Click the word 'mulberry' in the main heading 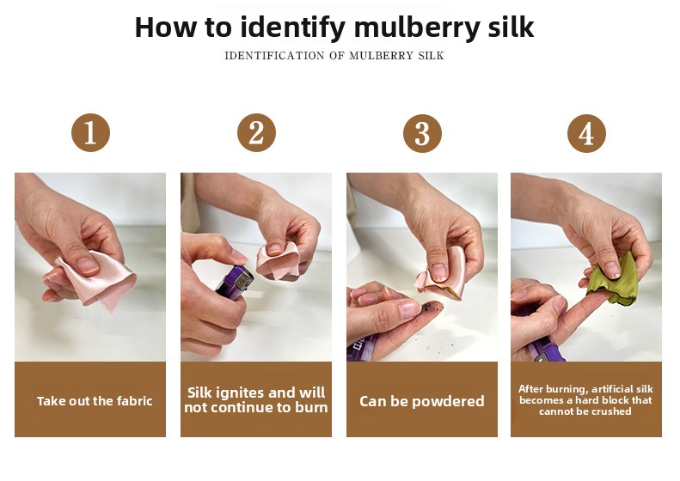click(417, 27)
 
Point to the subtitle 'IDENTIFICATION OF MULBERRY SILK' click(334, 56)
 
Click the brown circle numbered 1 click(90, 132)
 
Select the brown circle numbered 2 click(256, 132)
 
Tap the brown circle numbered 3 click(422, 133)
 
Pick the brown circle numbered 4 click(586, 133)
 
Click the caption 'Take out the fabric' click(95, 401)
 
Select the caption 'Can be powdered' click(421, 401)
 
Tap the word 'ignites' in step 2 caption click(240, 393)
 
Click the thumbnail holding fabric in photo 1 click(87, 265)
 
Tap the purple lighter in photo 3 click(362, 346)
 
